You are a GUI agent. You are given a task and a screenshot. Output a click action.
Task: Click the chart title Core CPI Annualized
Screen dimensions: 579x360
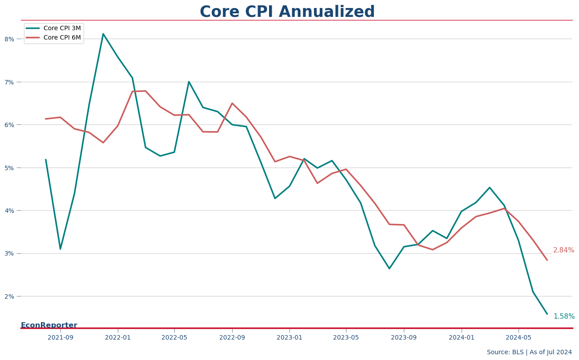[287, 12]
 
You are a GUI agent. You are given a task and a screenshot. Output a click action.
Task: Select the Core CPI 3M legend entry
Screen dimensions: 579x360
[53, 28]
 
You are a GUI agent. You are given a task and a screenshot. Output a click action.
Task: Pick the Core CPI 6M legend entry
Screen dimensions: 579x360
[53, 37]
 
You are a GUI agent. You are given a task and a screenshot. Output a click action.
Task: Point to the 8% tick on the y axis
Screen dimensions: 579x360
[9, 39]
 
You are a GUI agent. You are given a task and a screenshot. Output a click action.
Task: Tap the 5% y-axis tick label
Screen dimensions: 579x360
[9, 168]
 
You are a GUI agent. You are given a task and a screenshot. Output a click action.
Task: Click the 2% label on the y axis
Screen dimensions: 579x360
[9, 296]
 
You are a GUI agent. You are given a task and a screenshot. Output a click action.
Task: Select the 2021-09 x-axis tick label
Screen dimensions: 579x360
[60, 337]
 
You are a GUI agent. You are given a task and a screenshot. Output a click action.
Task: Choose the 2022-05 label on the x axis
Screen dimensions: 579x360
[174, 337]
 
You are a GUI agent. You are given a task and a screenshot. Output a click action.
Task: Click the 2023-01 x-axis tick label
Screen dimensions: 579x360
[289, 337]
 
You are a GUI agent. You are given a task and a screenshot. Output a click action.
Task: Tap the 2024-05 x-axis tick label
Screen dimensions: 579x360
[519, 337]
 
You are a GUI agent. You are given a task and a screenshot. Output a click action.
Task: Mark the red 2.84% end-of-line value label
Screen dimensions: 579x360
[563, 250]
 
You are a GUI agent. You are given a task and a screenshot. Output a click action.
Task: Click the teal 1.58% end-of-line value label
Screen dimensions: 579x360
[564, 316]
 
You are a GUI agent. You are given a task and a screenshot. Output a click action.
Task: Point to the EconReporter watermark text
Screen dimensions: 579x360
[49, 325]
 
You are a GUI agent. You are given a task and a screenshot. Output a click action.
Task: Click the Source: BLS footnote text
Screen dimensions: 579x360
[529, 352]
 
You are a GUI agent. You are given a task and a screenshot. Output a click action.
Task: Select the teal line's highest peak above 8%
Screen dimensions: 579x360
[103, 34]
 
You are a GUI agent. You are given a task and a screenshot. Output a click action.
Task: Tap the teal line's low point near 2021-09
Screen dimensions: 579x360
[60, 249]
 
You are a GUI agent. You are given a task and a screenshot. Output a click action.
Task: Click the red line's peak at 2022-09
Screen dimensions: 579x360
[232, 103]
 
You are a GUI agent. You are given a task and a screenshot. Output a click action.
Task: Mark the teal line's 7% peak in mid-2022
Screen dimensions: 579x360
[189, 82]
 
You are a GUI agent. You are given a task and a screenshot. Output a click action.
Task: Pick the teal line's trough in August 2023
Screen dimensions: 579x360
[389, 268]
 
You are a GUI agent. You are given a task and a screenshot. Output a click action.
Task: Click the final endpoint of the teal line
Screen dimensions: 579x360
[547, 314]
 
